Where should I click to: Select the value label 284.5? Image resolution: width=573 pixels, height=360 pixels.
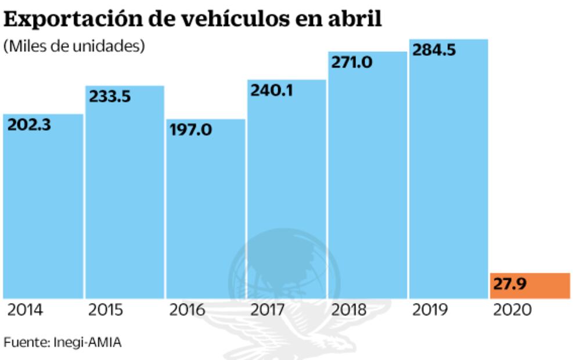pos(434,50)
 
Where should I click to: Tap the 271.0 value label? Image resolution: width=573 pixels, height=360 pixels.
pos(352,62)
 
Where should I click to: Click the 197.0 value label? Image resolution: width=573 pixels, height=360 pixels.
pos(190,129)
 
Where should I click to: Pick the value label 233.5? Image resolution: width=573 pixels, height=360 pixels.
pos(110,96)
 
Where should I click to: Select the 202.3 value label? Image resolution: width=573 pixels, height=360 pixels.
pos(28,124)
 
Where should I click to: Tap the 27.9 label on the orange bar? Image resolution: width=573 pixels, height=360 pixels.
pos(509,285)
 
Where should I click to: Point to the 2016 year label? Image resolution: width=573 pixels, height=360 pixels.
pos(187,310)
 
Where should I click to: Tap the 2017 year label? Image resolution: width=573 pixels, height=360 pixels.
pos(268,310)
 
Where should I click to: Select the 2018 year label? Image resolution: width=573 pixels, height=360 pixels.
pos(349,310)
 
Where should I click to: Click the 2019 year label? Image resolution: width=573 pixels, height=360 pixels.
pos(430,310)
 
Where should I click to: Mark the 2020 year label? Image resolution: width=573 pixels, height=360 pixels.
pos(512,310)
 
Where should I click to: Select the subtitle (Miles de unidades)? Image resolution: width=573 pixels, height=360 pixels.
pos(74,46)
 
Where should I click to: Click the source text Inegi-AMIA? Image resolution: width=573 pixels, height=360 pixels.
pos(87,342)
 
